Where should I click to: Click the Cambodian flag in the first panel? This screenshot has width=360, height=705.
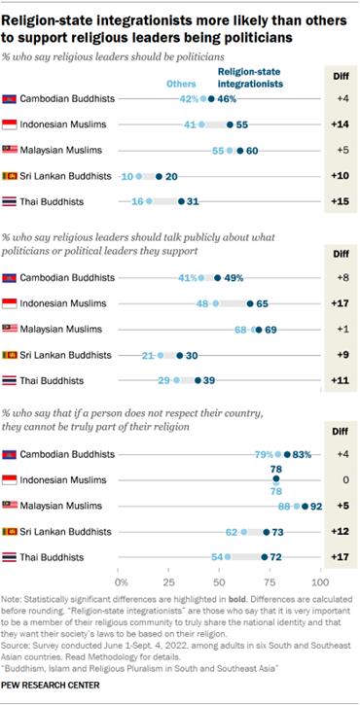[11, 99]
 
